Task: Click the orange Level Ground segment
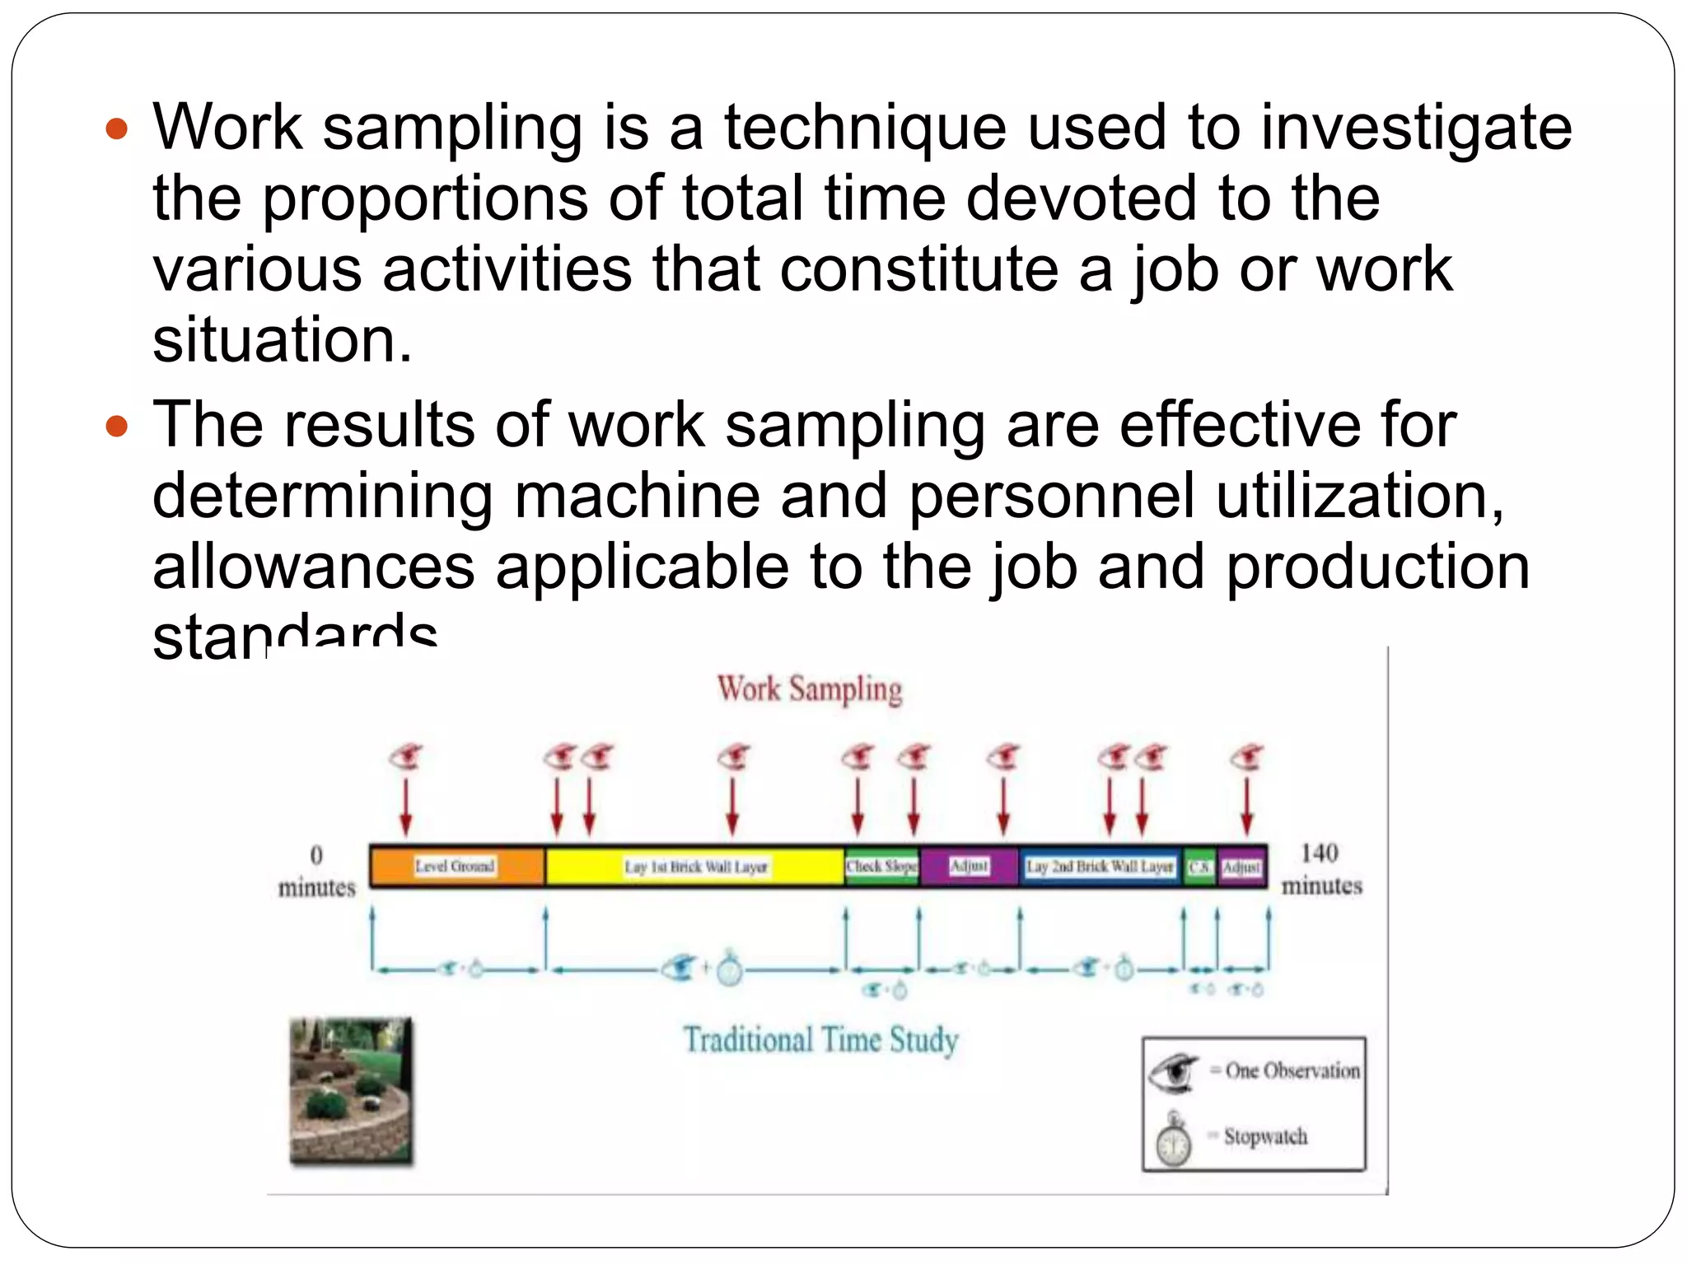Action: (x=456, y=866)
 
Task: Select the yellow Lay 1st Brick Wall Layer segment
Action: (x=694, y=866)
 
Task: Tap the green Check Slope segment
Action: (x=881, y=866)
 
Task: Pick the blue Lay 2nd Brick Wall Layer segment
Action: (x=1100, y=866)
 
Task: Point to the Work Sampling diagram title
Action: (x=810, y=689)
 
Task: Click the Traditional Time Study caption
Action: (x=821, y=1040)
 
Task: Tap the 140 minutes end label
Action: (x=1321, y=869)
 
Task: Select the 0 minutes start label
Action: (x=317, y=871)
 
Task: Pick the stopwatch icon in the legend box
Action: (x=1173, y=1140)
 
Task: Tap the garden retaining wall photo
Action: (x=351, y=1090)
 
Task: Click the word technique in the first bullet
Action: (x=865, y=128)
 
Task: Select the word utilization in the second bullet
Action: (x=1359, y=496)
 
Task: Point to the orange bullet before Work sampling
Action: (x=118, y=129)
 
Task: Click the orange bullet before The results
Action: (x=118, y=426)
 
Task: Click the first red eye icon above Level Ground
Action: (x=406, y=756)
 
